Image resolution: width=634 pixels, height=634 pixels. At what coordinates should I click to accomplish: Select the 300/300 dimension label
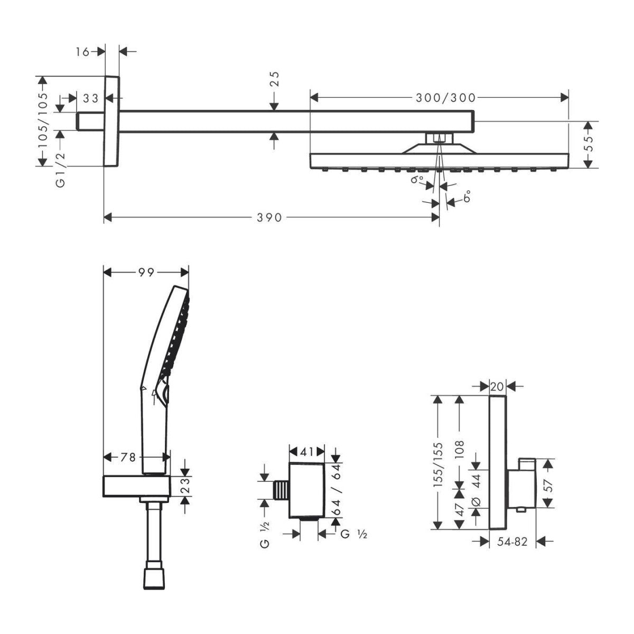click(x=445, y=97)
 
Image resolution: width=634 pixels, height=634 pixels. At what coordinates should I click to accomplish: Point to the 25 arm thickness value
click(x=274, y=79)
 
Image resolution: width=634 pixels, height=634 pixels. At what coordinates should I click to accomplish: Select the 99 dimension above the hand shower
click(x=146, y=272)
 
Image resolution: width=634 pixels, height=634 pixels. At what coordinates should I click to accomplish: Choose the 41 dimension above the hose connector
click(x=307, y=451)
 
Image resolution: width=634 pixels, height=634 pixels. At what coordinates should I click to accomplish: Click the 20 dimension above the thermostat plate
click(x=497, y=387)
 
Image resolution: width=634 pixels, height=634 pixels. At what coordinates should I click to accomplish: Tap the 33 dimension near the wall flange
click(x=91, y=98)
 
